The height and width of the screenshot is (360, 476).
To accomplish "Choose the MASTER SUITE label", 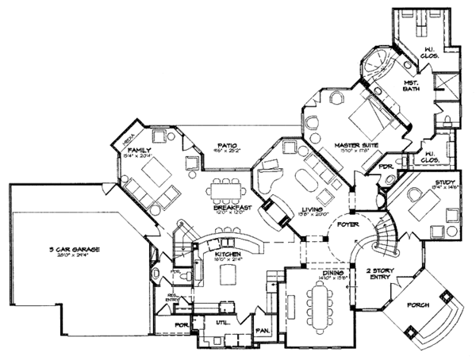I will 354,145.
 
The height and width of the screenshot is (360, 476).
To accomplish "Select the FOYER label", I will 348,225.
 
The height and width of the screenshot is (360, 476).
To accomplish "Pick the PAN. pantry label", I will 260,330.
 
